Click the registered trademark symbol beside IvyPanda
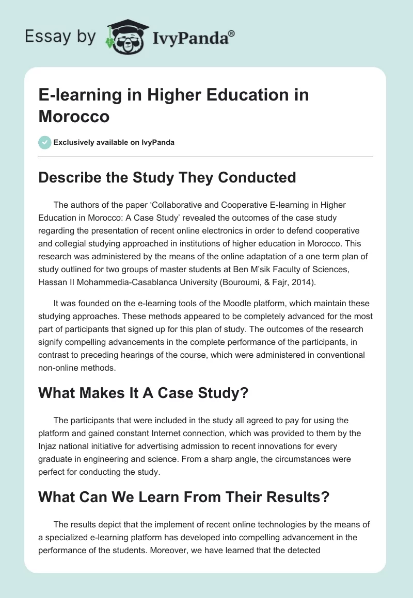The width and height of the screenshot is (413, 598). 232,34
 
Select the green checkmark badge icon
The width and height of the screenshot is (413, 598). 45,142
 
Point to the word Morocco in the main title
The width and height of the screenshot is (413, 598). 74,116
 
